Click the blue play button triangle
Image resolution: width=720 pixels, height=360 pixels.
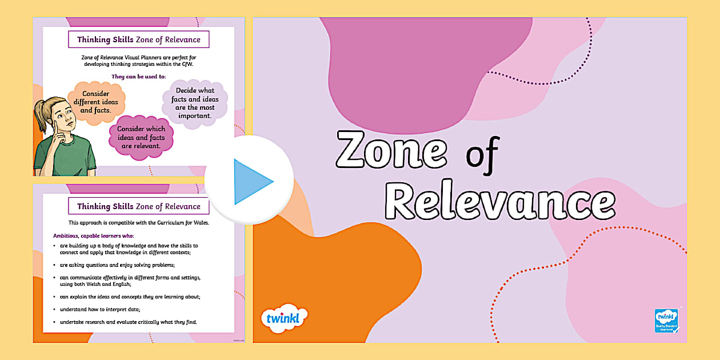pos(252,182)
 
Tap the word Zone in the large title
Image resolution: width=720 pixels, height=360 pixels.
pos(391,150)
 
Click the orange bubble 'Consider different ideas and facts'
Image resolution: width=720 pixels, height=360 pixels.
pos(96,102)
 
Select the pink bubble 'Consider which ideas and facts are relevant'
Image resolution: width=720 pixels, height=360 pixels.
pos(141,137)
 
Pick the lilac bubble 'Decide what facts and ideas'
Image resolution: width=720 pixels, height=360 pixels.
pos(195,103)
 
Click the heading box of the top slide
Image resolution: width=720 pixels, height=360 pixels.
pos(139,39)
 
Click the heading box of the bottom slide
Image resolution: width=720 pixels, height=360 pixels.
pos(139,206)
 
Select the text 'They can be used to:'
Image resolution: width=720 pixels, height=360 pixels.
pos(138,77)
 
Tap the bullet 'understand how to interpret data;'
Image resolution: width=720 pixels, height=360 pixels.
pos(100,309)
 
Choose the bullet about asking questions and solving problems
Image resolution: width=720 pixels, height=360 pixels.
pos(117,265)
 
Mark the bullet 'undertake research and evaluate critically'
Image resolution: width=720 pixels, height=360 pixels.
pos(128,322)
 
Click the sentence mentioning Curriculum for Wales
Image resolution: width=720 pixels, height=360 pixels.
pos(139,222)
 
